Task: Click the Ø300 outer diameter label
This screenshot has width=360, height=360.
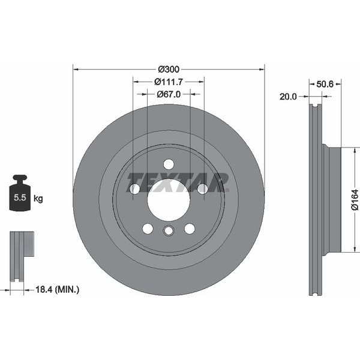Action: click(x=169, y=69)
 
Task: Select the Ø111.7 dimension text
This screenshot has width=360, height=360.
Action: click(x=169, y=82)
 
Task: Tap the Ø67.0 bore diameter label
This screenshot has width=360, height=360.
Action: click(x=169, y=94)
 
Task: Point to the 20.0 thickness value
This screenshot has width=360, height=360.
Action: click(x=288, y=95)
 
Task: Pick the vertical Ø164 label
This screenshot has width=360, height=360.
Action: click(x=354, y=200)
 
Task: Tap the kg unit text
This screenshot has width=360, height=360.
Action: click(x=38, y=197)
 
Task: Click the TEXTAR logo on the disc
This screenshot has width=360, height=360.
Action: click(x=177, y=180)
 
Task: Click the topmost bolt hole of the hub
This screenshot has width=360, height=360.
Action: click(x=169, y=164)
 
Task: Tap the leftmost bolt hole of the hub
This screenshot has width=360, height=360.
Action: click(x=135, y=189)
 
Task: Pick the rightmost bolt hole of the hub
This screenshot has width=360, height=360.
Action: click(x=202, y=189)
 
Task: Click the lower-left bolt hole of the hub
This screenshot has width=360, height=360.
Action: click(x=148, y=229)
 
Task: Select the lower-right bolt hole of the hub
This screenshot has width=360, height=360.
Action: click(x=190, y=229)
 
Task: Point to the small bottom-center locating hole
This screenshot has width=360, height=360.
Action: click(x=169, y=232)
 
